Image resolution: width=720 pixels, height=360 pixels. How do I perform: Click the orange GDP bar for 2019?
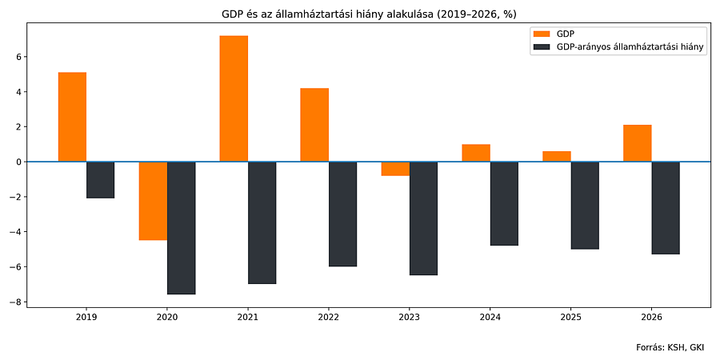[72, 117]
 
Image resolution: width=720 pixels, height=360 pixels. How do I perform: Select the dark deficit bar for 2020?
[181, 228]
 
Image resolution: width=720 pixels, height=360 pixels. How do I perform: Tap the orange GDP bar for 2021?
[234, 98]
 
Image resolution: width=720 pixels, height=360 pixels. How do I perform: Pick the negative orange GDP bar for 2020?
[153, 201]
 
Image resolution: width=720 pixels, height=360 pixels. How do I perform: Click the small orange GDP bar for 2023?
[395, 169]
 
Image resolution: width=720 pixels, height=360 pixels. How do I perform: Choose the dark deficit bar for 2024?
[504, 203]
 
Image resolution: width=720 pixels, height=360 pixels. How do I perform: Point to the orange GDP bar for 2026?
[637, 143]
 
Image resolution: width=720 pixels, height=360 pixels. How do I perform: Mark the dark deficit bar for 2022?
[342, 214]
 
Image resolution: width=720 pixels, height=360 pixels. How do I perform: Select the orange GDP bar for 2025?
[556, 156]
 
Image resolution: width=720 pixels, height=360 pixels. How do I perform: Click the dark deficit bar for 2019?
[100, 180]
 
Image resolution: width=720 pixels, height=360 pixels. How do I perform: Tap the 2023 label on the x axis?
[410, 318]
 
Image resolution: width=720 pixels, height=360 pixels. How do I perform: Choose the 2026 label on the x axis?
[651, 318]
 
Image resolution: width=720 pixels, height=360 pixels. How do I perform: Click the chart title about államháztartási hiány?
[368, 14]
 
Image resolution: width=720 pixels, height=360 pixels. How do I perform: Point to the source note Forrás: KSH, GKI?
[670, 347]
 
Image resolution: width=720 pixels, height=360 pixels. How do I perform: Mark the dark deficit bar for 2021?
[262, 222]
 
